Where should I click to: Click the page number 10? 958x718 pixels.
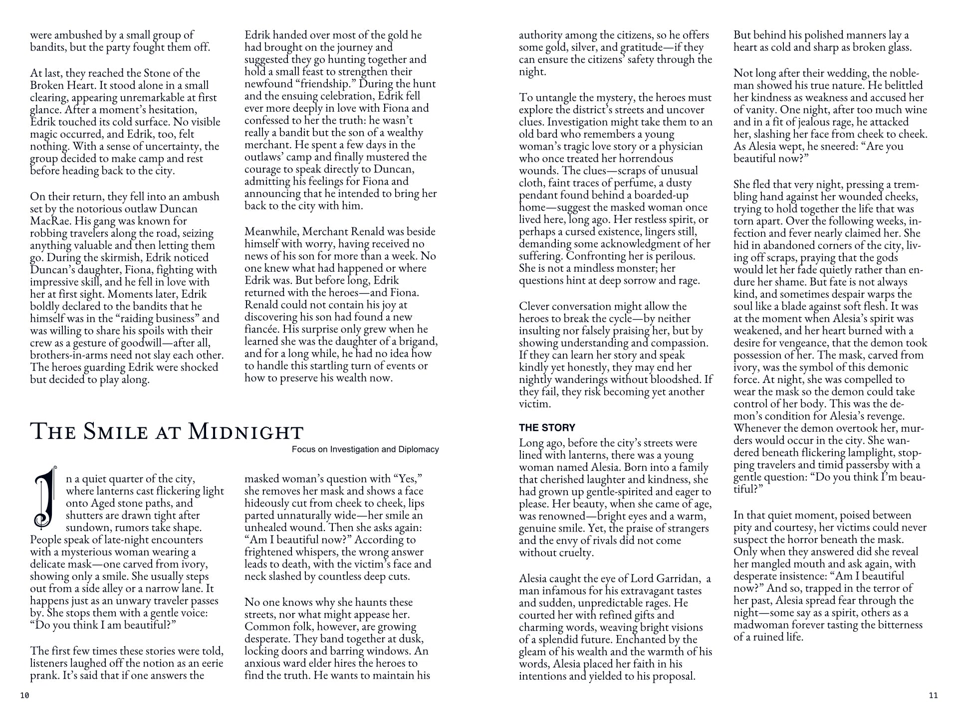(25, 696)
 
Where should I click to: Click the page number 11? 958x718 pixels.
(933, 696)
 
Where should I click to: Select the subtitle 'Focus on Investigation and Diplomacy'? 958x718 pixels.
(365, 449)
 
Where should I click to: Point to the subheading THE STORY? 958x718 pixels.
(547, 427)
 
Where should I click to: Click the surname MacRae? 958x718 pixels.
(49, 221)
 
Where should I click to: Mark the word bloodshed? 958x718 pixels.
(678, 379)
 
